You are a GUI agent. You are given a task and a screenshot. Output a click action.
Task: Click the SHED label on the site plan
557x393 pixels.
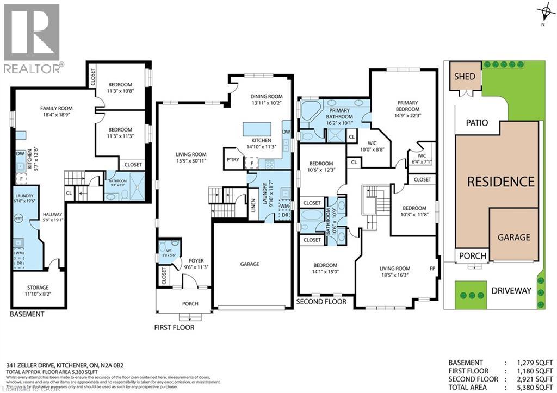[465, 77]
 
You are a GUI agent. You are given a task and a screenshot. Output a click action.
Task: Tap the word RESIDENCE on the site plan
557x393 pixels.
[500, 182]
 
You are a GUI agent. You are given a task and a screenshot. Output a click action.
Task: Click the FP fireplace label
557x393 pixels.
[432, 269]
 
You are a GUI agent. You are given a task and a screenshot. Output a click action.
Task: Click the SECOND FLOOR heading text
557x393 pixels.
[321, 302]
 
